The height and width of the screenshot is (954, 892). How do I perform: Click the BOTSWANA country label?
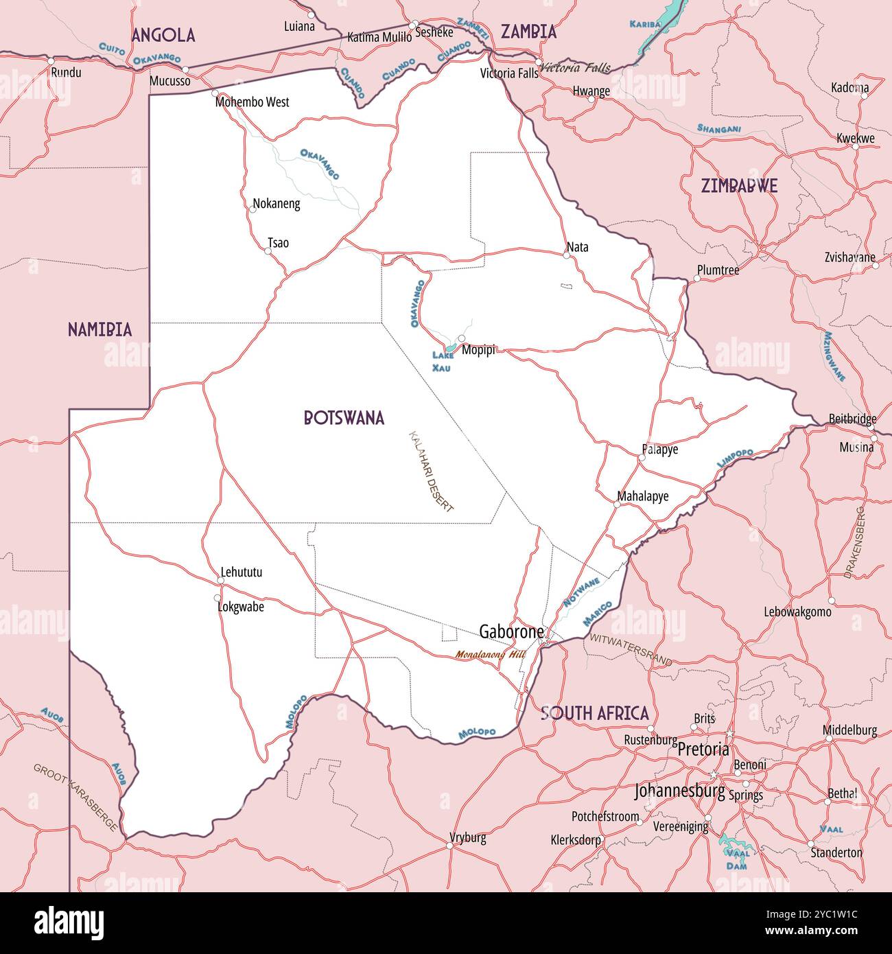(x=344, y=418)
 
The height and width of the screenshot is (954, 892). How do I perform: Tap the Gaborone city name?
(x=511, y=631)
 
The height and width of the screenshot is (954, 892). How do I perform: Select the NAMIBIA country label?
(x=99, y=329)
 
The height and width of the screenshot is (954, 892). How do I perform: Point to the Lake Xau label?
(x=442, y=361)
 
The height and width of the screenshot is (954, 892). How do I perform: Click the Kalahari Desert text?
(x=432, y=472)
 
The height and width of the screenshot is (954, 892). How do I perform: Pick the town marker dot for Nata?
(x=566, y=255)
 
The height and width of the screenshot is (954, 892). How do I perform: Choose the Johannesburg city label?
(x=679, y=791)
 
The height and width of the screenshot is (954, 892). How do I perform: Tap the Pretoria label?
(x=703, y=749)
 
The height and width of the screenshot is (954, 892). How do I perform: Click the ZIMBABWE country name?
(x=739, y=186)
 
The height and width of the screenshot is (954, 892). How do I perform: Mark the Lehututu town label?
(x=241, y=572)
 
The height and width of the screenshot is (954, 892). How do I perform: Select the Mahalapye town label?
(x=642, y=496)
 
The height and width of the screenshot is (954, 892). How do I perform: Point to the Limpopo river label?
(x=735, y=458)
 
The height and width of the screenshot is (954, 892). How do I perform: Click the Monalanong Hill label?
(x=490, y=655)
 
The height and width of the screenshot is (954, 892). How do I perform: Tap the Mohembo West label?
(x=252, y=102)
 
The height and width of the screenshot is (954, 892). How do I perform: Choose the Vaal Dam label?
(x=737, y=859)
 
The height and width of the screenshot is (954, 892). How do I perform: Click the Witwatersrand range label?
(x=631, y=649)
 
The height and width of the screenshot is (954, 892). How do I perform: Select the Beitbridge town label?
(x=852, y=419)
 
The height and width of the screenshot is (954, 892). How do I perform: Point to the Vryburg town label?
(x=468, y=837)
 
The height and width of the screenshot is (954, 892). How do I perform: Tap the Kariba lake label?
(x=645, y=25)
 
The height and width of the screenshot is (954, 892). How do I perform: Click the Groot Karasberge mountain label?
(x=75, y=797)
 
